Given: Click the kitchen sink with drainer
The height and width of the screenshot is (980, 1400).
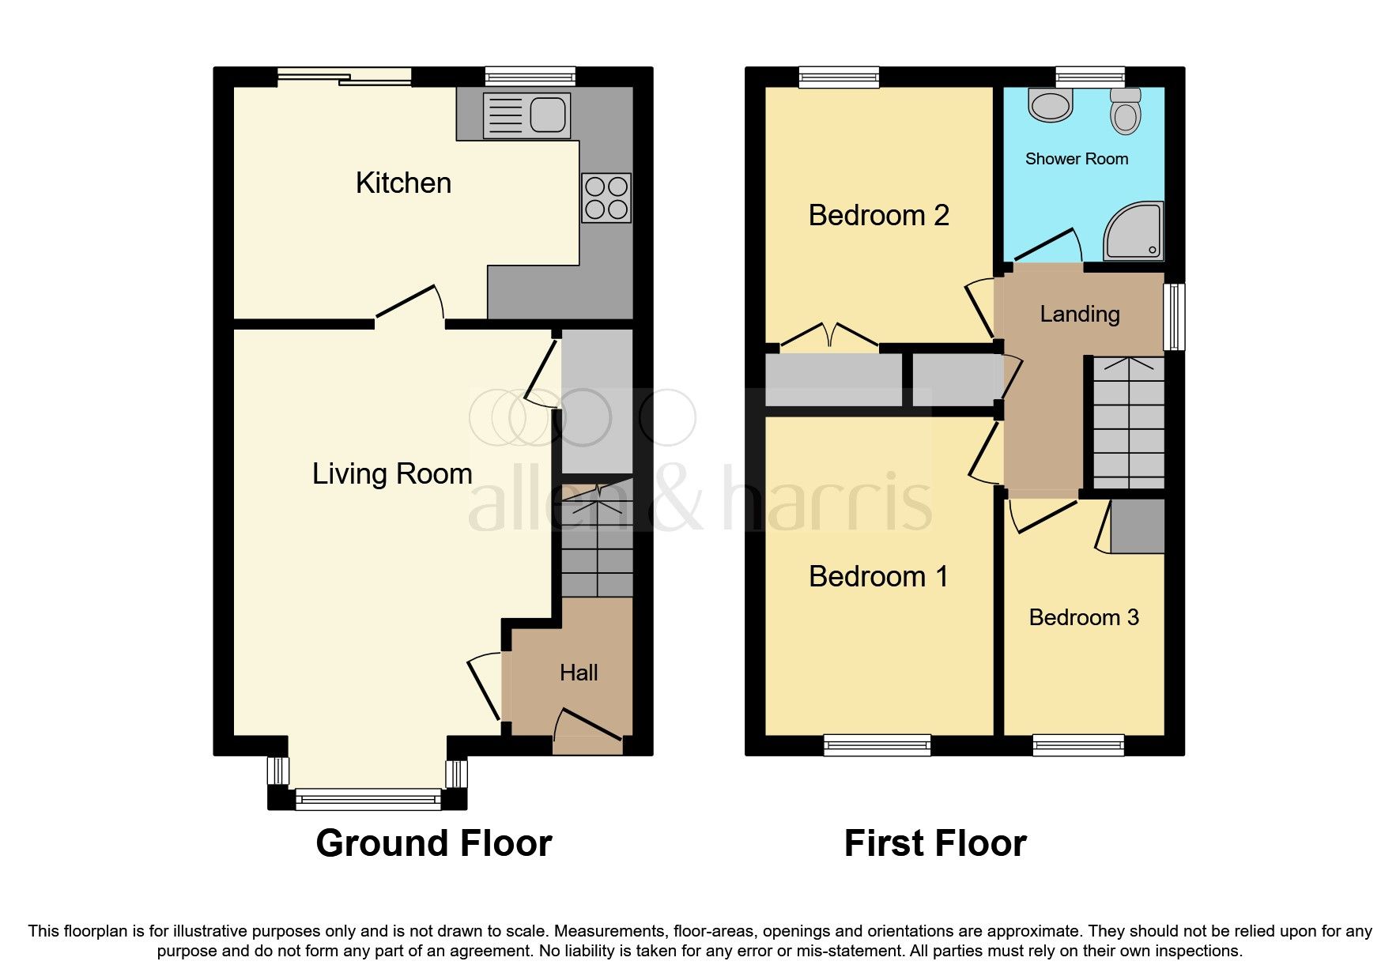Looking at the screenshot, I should tap(526, 115).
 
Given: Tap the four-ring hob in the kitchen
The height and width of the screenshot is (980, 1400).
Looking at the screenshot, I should tap(606, 198).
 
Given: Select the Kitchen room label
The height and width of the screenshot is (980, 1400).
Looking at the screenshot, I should tap(403, 183).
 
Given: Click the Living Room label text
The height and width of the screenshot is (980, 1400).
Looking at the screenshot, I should tap(392, 474).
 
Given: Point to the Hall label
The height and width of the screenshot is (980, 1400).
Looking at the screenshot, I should tap(579, 673).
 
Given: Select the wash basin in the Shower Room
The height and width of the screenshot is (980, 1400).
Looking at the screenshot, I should tap(1051, 104).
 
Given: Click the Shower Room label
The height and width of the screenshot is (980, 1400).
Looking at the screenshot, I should tap(1077, 159).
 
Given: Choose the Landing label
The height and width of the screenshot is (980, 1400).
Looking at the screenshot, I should tap(1080, 315).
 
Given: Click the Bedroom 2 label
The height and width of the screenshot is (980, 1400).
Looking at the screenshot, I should tap(878, 216).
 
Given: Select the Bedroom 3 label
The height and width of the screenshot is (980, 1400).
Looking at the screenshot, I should tap(1084, 618).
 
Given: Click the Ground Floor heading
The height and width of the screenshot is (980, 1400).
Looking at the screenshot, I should tap(434, 844).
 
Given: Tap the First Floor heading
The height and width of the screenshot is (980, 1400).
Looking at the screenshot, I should tap(935, 844).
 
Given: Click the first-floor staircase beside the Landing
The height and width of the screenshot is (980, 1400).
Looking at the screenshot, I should tap(1129, 423).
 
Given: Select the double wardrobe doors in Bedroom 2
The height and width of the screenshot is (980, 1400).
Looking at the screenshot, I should tap(829, 335).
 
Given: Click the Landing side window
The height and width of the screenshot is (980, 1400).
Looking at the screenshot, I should tap(1175, 316).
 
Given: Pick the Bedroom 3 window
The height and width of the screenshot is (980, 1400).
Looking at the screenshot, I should tap(1078, 744).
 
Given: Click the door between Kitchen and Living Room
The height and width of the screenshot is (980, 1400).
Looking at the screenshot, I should tap(409, 305).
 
